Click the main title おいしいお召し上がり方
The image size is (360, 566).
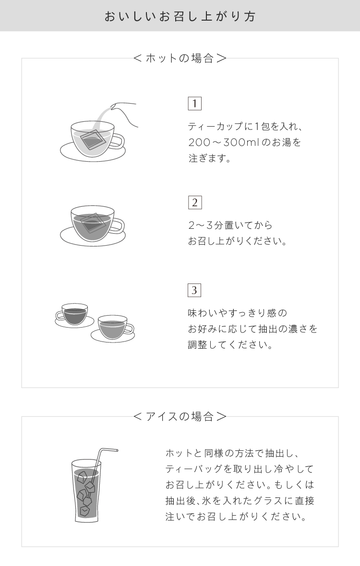click(180, 16)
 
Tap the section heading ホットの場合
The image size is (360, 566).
click(180, 58)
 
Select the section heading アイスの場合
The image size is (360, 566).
click(180, 416)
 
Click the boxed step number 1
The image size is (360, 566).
click(194, 104)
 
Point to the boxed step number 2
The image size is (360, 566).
click(194, 202)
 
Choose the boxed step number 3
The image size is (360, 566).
click(194, 290)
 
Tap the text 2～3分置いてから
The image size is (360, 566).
click(230, 225)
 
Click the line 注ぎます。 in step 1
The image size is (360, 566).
click(209, 158)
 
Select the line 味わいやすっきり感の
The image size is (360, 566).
click(237, 313)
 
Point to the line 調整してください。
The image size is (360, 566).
click(230, 345)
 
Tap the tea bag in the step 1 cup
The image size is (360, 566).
click(93, 140)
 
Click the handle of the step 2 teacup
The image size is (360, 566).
click(118, 226)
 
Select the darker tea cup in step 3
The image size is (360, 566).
click(74, 315)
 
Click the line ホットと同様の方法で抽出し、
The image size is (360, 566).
click(231, 453)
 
